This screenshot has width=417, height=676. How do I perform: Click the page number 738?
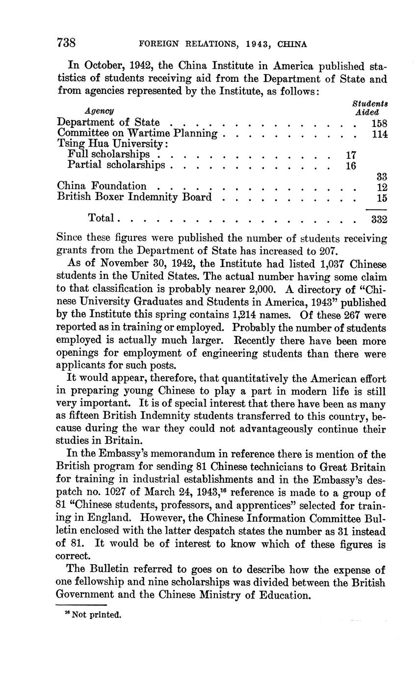pos(66,43)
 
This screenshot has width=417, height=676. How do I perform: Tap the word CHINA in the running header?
pos(292,44)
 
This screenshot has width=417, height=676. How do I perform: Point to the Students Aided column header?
pos(370,107)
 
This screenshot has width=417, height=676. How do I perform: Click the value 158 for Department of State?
pos(380,123)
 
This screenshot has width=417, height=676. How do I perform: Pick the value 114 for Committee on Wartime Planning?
pos(380,133)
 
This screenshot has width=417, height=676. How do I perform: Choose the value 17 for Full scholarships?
pos(350,154)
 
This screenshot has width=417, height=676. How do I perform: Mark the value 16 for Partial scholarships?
pos(350,165)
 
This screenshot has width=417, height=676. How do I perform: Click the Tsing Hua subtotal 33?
pos(382,176)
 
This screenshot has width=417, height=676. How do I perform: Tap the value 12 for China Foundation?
pos(382,187)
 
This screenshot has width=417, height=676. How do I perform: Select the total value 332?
pos(379,219)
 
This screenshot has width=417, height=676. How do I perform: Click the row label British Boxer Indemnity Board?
pos(135,197)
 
